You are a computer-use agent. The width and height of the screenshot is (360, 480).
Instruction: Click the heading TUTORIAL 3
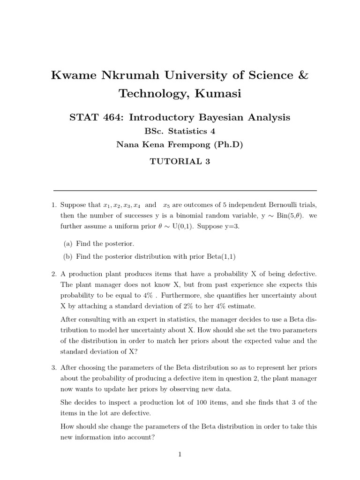point(180,162)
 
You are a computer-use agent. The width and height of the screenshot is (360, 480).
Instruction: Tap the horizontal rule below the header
point(185,190)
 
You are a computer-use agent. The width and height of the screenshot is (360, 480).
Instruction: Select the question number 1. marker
point(54,205)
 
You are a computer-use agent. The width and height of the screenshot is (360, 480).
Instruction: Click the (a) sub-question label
point(67,244)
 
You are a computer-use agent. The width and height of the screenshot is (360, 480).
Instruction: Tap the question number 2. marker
point(54,274)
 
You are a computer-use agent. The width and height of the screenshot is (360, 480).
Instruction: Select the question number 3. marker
point(54,367)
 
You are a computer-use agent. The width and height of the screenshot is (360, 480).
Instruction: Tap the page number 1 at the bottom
point(180,454)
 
